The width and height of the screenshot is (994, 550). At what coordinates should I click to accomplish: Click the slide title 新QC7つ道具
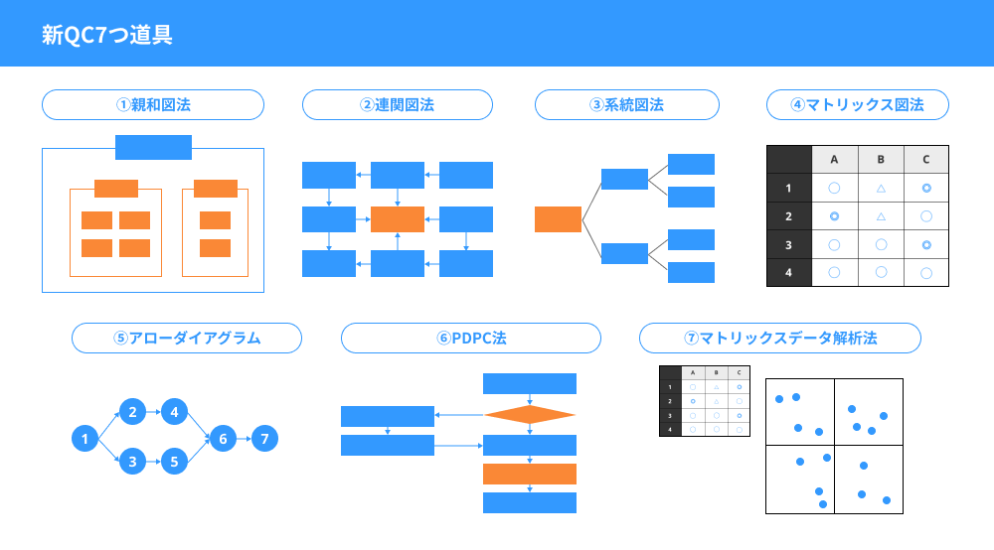tap(107, 35)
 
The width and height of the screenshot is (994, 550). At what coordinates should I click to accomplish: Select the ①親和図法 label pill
tap(153, 104)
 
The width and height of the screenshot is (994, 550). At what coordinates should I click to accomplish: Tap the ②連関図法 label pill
tap(398, 104)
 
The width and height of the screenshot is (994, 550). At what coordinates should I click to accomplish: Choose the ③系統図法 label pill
tap(627, 104)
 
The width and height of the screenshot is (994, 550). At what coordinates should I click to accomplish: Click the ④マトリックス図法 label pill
tap(857, 104)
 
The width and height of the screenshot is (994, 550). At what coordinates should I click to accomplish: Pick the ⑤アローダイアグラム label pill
tap(187, 338)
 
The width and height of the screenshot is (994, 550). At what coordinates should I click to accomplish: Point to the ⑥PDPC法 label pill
tap(471, 338)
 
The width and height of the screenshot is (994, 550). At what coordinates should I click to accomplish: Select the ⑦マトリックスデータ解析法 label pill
tap(780, 338)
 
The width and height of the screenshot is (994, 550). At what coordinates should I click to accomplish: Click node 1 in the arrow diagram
tap(85, 438)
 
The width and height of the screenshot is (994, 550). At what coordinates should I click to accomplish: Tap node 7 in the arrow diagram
tap(263, 438)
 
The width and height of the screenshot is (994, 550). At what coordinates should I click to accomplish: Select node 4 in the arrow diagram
tap(174, 410)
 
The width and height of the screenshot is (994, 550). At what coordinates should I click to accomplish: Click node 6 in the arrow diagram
tap(224, 438)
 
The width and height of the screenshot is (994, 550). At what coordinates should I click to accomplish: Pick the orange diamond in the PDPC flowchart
tap(530, 415)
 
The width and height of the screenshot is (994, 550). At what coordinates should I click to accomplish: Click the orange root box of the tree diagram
tap(558, 219)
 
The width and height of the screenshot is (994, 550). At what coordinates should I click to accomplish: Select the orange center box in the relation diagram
tap(398, 219)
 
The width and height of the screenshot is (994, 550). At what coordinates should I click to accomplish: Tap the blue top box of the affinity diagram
tap(153, 147)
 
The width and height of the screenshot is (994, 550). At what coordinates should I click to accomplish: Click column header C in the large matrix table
tap(925, 159)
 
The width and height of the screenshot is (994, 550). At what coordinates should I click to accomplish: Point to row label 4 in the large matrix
tap(788, 272)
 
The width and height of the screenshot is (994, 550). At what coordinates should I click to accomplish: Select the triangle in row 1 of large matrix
tap(880, 188)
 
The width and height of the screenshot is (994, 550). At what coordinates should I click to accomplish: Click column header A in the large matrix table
tap(835, 159)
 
